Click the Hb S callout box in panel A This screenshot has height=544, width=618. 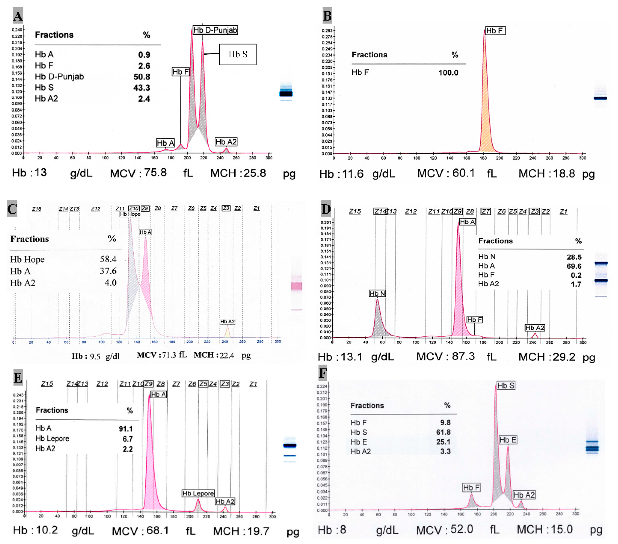pos(238,54)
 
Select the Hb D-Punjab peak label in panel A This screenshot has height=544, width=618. pos(215,30)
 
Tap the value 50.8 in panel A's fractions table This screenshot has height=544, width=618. pos(142,77)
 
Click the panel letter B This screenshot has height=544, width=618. pos(327,16)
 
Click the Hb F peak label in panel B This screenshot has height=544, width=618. pos(495,31)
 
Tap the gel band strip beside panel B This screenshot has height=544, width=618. pos(600,98)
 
